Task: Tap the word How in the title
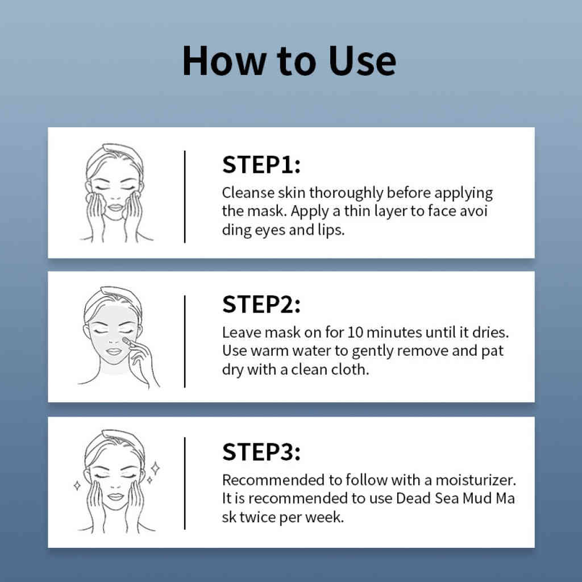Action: coord(224,60)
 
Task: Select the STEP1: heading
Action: coord(261,164)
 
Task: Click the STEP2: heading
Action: coord(261,305)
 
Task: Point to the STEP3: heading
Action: coord(261,452)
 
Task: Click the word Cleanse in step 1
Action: coord(248,193)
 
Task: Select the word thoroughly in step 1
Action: coord(346,193)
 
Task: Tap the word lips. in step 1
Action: coord(331,230)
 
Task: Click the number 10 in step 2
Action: coord(355,332)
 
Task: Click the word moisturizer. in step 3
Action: coord(476,480)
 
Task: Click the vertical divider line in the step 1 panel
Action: coord(185,197)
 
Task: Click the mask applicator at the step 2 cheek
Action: coord(127,341)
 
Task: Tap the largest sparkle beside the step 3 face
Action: coord(156,468)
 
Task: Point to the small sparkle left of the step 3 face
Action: coord(77,485)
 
